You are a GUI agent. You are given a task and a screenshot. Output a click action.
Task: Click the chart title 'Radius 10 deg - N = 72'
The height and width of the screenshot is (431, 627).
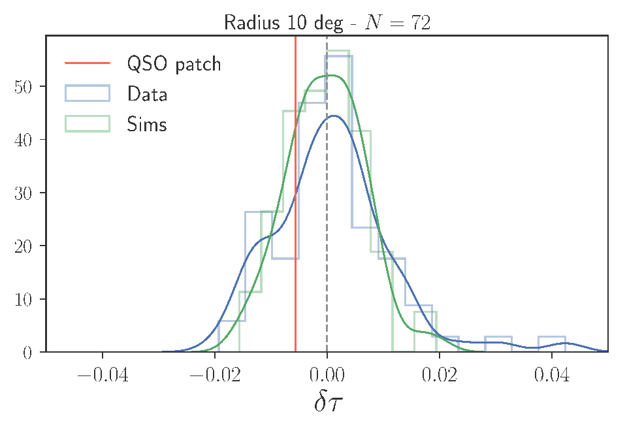click(327, 22)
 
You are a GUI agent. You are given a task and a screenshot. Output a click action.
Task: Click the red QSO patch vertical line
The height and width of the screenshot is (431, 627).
click(295, 194)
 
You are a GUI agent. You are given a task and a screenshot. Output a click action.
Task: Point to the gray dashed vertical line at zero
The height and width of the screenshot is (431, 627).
click(327, 194)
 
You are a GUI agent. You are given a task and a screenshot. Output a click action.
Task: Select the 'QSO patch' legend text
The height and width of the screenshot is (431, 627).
click(174, 64)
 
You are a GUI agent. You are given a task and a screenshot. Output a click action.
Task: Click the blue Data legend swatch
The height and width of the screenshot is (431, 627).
click(88, 93)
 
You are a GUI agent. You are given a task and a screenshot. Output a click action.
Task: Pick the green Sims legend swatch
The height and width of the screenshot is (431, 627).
click(88, 123)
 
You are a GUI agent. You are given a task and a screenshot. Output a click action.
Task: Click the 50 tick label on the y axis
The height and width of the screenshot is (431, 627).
click(23, 86)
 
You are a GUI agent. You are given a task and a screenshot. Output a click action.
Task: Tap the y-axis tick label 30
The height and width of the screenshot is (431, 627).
click(23, 193)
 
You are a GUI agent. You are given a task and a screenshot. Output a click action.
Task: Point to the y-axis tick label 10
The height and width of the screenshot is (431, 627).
click(23, 299)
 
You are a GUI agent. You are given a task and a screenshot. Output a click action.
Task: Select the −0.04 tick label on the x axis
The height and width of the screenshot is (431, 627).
click(103, 375)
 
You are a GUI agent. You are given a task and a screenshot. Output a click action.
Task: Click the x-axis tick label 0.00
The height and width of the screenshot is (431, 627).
click(327, 375)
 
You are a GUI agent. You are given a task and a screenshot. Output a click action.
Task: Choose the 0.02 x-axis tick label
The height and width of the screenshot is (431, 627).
click(440, 375)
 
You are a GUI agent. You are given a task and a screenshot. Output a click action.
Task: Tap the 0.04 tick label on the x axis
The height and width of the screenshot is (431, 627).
click(552, 375)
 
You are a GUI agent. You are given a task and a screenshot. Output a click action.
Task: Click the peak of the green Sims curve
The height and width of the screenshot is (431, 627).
click(331, 76)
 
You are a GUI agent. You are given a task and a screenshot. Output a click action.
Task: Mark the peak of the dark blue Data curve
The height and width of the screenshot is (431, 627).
click(334, 116)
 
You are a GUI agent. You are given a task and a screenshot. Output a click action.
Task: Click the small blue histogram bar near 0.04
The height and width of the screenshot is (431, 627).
click(552, 344)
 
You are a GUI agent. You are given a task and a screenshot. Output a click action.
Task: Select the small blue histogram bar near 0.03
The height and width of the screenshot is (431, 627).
click(498, 344)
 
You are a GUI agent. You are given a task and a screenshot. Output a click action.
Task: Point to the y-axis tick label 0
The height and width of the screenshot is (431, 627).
click(27, 353)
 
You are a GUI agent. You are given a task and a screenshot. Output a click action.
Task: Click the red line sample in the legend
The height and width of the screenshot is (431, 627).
click(88, 63)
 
